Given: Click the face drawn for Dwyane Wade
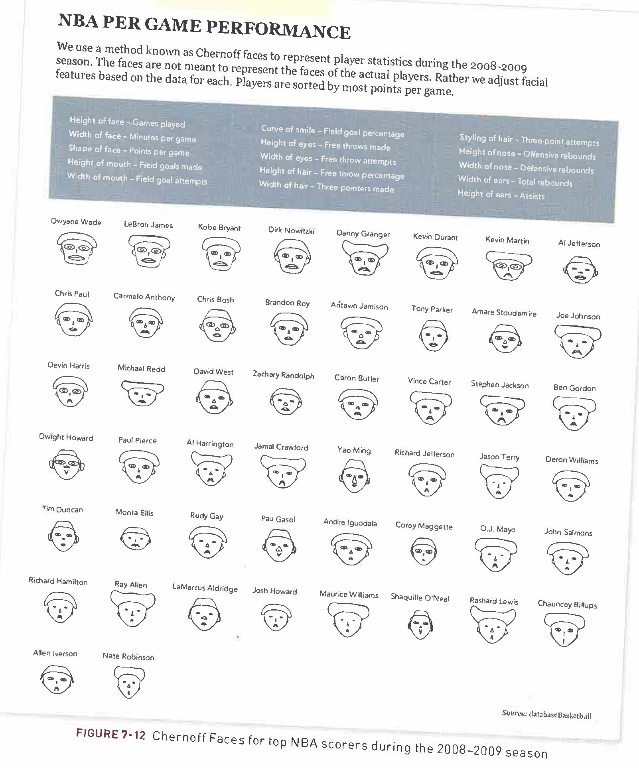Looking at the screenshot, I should [x=76, y=248].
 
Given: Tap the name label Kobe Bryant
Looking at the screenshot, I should [x=219, y=228].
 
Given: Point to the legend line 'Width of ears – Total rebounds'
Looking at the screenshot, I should [x=515, y=181].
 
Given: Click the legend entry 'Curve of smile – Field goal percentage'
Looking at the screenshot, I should [x=332, y=131].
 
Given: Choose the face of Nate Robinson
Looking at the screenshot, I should [x=129, y=682].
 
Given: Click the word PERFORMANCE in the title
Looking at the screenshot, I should [x=278, y=29].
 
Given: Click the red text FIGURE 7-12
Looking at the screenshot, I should [x=111, y=734].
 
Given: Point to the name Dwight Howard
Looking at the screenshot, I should [x=66, y=437].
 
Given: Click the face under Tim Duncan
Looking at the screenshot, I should [x=63, y=536].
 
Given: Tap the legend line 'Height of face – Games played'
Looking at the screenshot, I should [x=127, y=122].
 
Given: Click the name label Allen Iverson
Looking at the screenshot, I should [x=55, y=653].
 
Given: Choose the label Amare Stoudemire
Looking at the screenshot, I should [x=504, y=313].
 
